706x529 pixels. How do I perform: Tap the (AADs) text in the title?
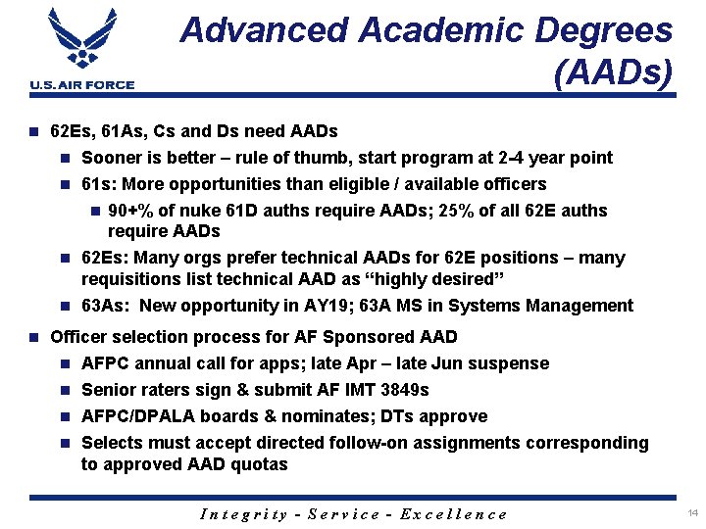613,72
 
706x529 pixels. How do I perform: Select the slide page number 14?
692,513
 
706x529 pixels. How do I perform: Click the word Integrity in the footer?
244,514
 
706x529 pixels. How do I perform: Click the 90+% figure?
131,211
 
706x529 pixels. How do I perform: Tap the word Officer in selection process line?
80,337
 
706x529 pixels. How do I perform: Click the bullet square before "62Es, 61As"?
33,131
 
